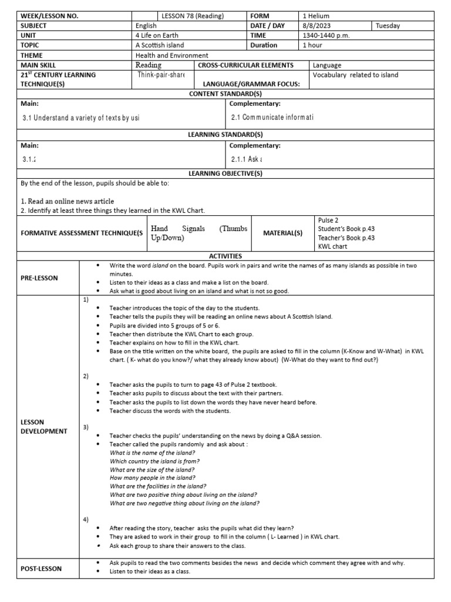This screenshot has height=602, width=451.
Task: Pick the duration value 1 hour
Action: pyautogui.click(x=314, y=45)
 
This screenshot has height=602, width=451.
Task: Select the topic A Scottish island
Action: pyautogui.click(x=159, y=45)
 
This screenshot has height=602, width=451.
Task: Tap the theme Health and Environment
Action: pyautogui.click(x=171, y=55)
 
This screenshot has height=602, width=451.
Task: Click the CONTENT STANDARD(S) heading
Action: pyautogui.click(x=225, y=94)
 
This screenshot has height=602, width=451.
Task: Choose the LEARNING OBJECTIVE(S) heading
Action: pyautogui.click(x=225, y=173)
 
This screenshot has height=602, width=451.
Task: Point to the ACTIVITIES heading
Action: pyautogui.click(x=225, y=256)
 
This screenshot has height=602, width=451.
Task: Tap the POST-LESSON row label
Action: pyautogui.click(x=42, y=568)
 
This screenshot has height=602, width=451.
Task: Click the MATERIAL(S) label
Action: pyautogui.click(x=283, y=233)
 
